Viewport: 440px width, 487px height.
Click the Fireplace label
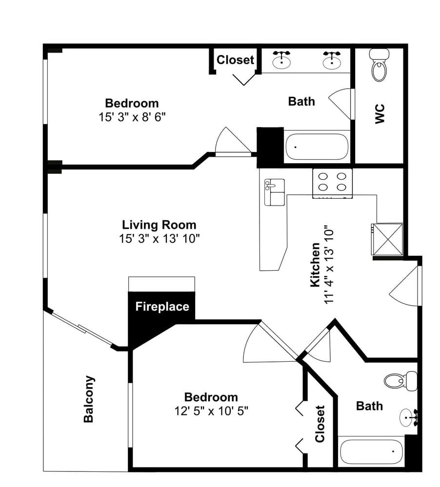[162, 307]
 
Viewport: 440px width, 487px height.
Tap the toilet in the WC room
[380, 65]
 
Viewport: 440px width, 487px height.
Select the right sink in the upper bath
[332, 60]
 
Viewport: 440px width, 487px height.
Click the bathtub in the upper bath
[317, 147]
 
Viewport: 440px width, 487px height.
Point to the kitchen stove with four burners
[332, 183]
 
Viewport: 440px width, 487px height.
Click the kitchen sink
[274, 192]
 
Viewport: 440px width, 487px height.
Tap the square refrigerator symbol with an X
[387, 239]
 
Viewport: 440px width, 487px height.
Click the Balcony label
[89, 399]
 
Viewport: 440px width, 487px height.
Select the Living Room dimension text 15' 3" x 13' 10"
[159, 239]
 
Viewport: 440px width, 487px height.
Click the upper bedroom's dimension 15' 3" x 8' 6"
[132, 117]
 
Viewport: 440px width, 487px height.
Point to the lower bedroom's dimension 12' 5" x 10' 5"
[211, 411]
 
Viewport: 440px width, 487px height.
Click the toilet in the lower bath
[400, 380]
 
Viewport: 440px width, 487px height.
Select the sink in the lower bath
[409, 417]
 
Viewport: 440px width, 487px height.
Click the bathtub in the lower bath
[372, 451]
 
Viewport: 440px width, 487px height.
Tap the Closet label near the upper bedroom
[235, 59]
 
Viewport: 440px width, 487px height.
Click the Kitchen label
[315, 264]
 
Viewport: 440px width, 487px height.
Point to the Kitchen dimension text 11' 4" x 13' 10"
[329, 264]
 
